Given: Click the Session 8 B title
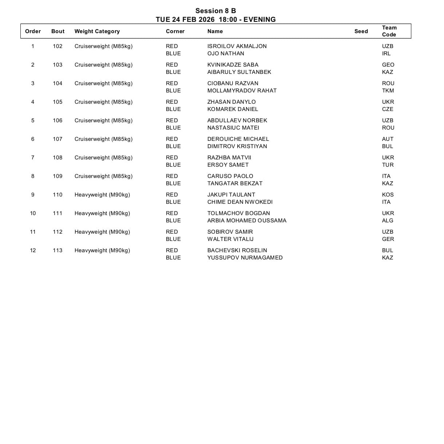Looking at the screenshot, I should click(215, 11).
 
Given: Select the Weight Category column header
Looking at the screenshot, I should click(97, 31).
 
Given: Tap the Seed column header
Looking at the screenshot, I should click(361, 31).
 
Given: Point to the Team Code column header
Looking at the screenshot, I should click(389, 31).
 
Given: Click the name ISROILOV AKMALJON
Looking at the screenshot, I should click(237, 46).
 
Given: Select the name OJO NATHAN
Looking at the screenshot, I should click(226, 53).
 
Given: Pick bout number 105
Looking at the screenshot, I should click(58, 102).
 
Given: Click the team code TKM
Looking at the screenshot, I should click(388, 91).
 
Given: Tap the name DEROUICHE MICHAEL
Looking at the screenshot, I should click(238, 139).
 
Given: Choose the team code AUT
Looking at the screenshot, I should click(388, 139).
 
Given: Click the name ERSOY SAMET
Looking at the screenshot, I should click(228, 165).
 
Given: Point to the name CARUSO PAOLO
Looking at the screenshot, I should click(230, 176).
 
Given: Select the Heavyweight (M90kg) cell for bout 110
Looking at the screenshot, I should click(102, 195).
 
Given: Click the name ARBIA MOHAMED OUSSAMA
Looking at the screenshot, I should click(247, 221).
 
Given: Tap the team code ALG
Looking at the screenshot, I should click(388, 221).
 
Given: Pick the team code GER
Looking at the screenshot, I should click(388, 239).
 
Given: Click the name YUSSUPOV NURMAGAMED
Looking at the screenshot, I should click(245, 258).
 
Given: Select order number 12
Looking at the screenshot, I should click(33, 250).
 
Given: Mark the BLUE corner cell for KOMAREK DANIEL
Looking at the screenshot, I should click(173, 109).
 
